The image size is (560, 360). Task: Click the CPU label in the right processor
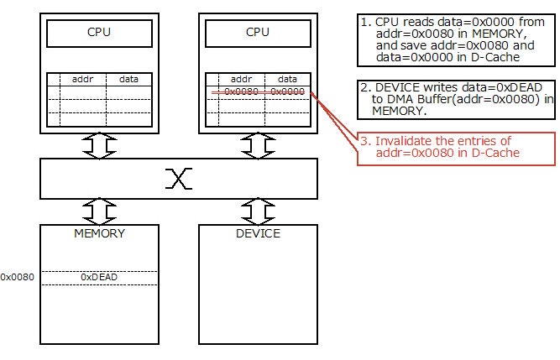pyautogui.click(x=258, y=33)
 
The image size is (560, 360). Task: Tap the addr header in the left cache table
pyautogui.click(x=82, y=79)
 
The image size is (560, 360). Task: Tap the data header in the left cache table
pyautogui.click(x=129, y=79)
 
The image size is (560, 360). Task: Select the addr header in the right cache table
pyautogui.click(x=241, y=79)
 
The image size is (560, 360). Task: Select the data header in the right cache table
pyautogui.click(x=287, y=79)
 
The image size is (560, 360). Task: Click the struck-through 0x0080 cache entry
pyautogui.click(x=241, y=91)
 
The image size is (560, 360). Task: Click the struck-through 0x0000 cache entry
pyautogui.click(x=288, y=91)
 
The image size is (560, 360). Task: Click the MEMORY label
pyautogui.click(x=100, y=233)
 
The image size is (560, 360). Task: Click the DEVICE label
pyautogui.click(x=258, y=233)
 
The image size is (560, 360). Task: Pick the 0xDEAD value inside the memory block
pyautogui.click(x=98, y=276)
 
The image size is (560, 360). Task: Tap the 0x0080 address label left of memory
pyautogui.click(x=17, y=277)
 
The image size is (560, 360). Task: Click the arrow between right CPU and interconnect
pyautogui.click(x=258, y=146)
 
